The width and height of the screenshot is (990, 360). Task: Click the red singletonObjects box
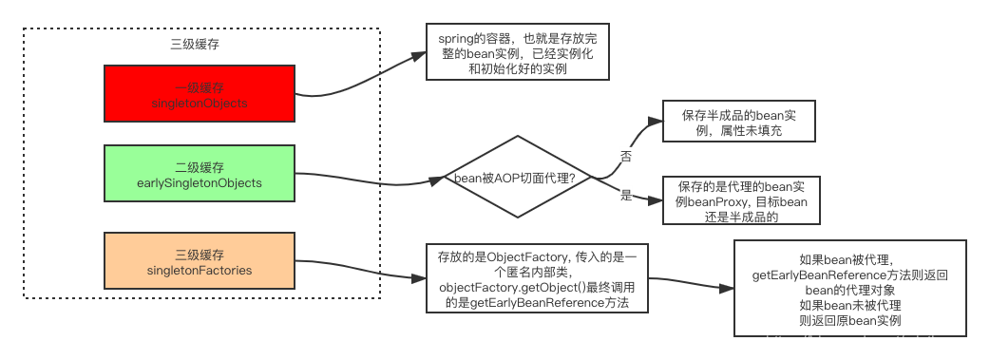(x=200, y=93)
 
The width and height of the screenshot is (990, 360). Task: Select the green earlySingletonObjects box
(x=200, y=173)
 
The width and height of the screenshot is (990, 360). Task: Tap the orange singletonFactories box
(x=200, y=261)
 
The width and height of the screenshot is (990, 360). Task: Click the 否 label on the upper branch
(x=626, y=154)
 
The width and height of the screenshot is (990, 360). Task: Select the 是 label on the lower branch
(x=626, y=195)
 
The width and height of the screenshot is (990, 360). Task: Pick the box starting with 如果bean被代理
(x=850, y=287)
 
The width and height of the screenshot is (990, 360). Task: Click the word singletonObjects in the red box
(x=200, y=103)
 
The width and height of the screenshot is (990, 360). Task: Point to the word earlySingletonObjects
(x=200, y=182)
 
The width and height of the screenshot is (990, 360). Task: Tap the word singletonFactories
(x=200, y=271)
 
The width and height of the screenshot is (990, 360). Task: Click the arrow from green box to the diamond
(x=380, y=180)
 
